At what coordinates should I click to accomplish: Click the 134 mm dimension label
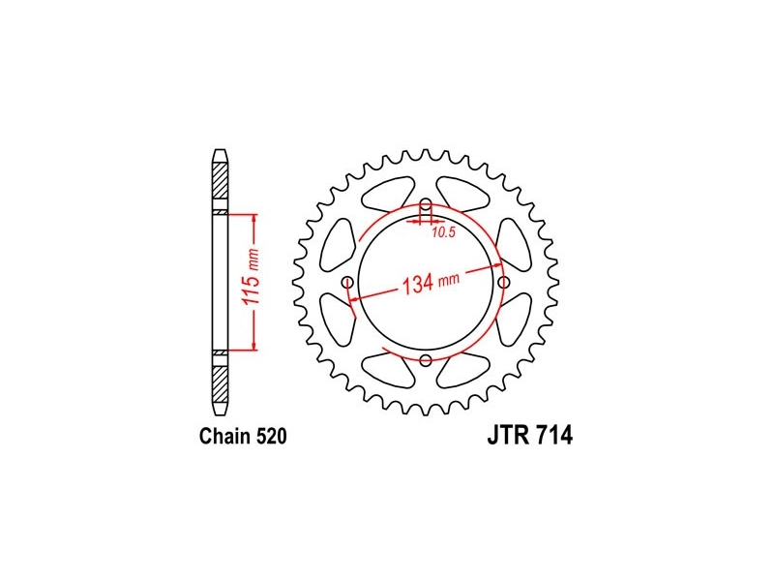pos(431,283)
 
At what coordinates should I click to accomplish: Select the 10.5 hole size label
pos(443,232)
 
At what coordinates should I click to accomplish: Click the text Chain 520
pos(243,437)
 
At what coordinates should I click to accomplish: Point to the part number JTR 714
pos(530,436)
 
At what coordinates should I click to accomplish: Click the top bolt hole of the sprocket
pos(426,204)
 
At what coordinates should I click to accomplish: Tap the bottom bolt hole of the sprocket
pos(426,360)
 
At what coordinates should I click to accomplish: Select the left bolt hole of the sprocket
pos(348,283)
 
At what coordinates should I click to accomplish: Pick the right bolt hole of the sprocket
pos(503,283)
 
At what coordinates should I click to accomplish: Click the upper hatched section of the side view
pos(221,180)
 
